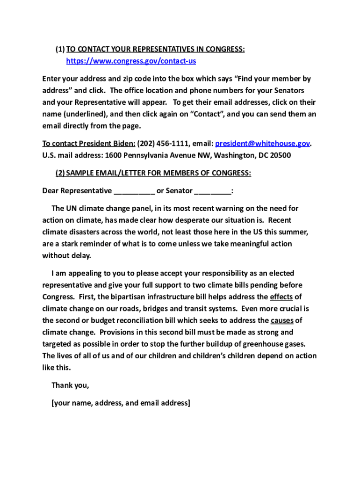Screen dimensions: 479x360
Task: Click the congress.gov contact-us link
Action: [x=131, y=61]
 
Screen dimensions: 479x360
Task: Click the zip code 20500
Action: [x=280, y=155]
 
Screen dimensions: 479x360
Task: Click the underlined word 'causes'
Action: [x=282, y=320]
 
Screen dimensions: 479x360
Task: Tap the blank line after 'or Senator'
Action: [x=212, y=191]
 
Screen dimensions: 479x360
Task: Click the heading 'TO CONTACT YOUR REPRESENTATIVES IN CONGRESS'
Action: [x=156, y=50]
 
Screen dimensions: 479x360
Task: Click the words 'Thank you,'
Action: [x=70, y=385]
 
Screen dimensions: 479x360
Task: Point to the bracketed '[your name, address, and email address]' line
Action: [x=121, y=403]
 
